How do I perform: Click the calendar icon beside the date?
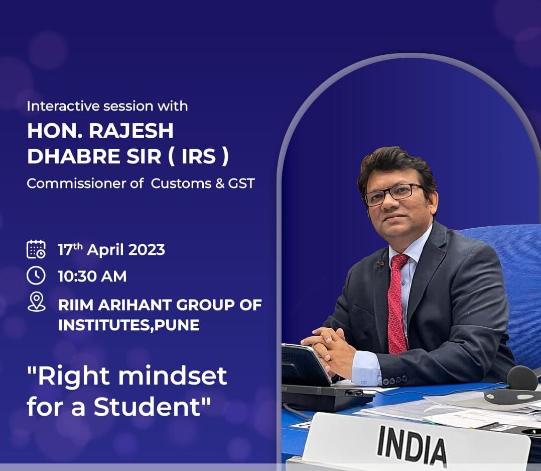click(x=36, y=249)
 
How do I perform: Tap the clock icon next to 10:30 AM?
click(x=36, y=275)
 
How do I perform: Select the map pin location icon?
click(x=36, y=302)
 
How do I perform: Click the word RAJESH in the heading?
click(x=131, y=131)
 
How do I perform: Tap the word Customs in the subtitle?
click(x=181, y=183)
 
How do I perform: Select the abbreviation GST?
click(x=241, y=183)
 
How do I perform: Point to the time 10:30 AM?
click(x=92, y=276)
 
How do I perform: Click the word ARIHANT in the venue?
click(x=134, y=305)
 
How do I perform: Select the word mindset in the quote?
click(x=173, y=375)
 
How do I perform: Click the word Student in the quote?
click(x=147, y=406)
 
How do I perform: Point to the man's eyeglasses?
click(x=393, y=194)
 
